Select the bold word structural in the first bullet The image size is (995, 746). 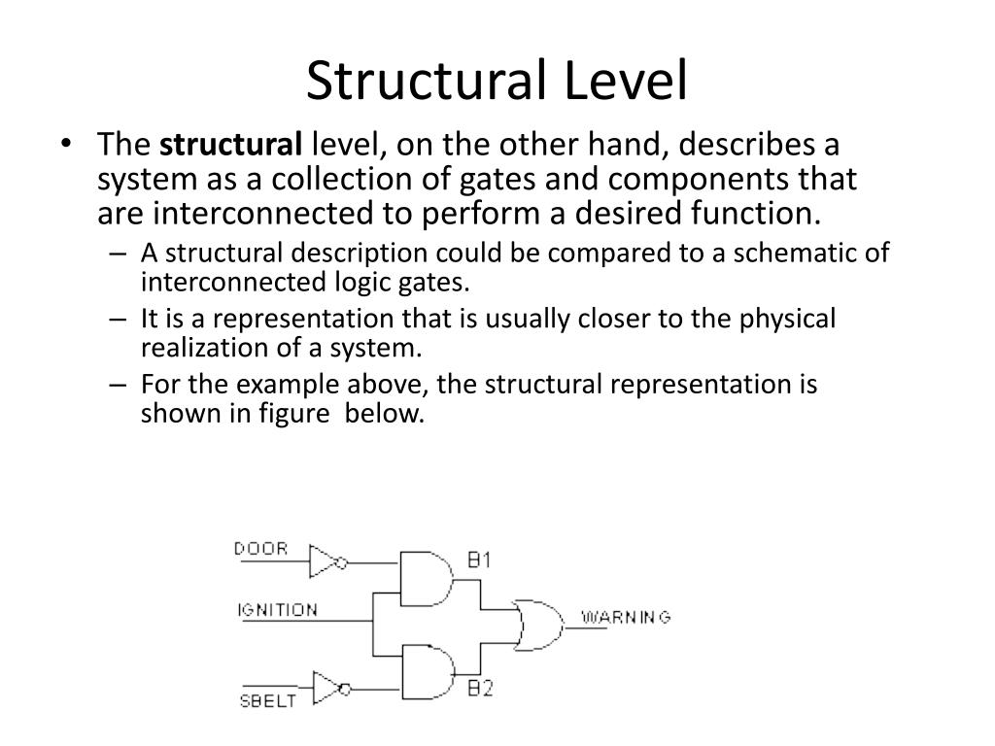pos(231,147)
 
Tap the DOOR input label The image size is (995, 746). pos(261,549)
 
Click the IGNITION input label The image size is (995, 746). pos(278,611)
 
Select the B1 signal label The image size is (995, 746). pos(479,560)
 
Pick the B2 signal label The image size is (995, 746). pos(480,690)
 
